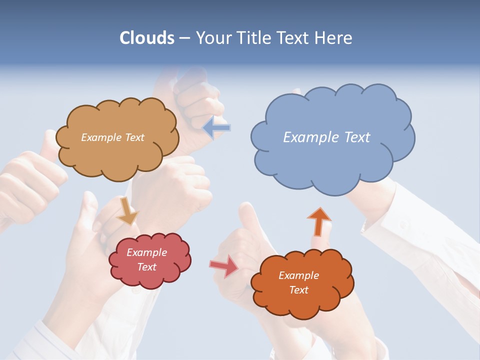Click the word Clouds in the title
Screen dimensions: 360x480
[x=146, y=38]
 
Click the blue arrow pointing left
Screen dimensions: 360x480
[x=216, y=128]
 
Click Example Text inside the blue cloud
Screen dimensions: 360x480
[x=326, y=137]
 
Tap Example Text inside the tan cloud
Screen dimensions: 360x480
[x=112, y=137]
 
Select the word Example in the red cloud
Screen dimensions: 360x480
[x=146, y=252]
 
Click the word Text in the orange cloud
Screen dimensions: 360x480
[x=298, y=290]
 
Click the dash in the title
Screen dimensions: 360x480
[x=184, y=38]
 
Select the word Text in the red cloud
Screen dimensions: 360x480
[x=146, y=267]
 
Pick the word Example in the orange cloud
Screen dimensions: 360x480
[x=298, y=275]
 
